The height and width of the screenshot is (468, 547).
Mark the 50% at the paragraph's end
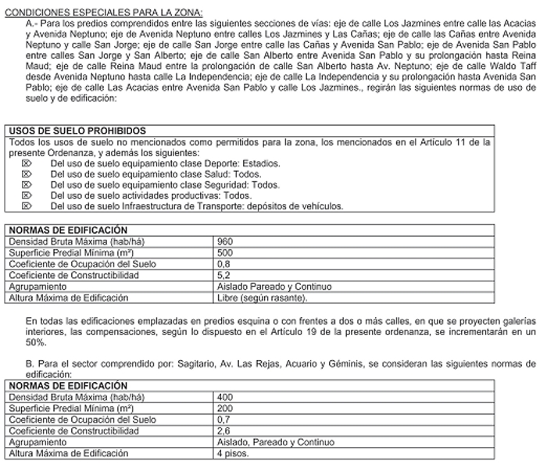coord(36,341)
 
